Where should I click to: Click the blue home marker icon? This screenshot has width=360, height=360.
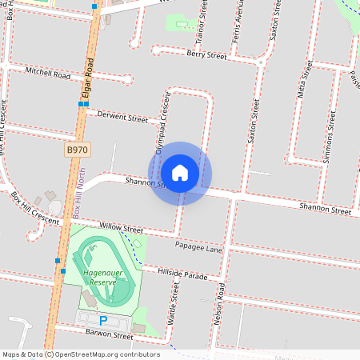[x=180, y=173]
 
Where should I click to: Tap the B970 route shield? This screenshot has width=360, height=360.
[x=77, y=150]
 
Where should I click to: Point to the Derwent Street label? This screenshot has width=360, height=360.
[x=122, y=118]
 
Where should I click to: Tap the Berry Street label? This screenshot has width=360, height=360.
[x=206, y=54]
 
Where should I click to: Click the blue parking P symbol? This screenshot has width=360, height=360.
[x=102, y=321]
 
